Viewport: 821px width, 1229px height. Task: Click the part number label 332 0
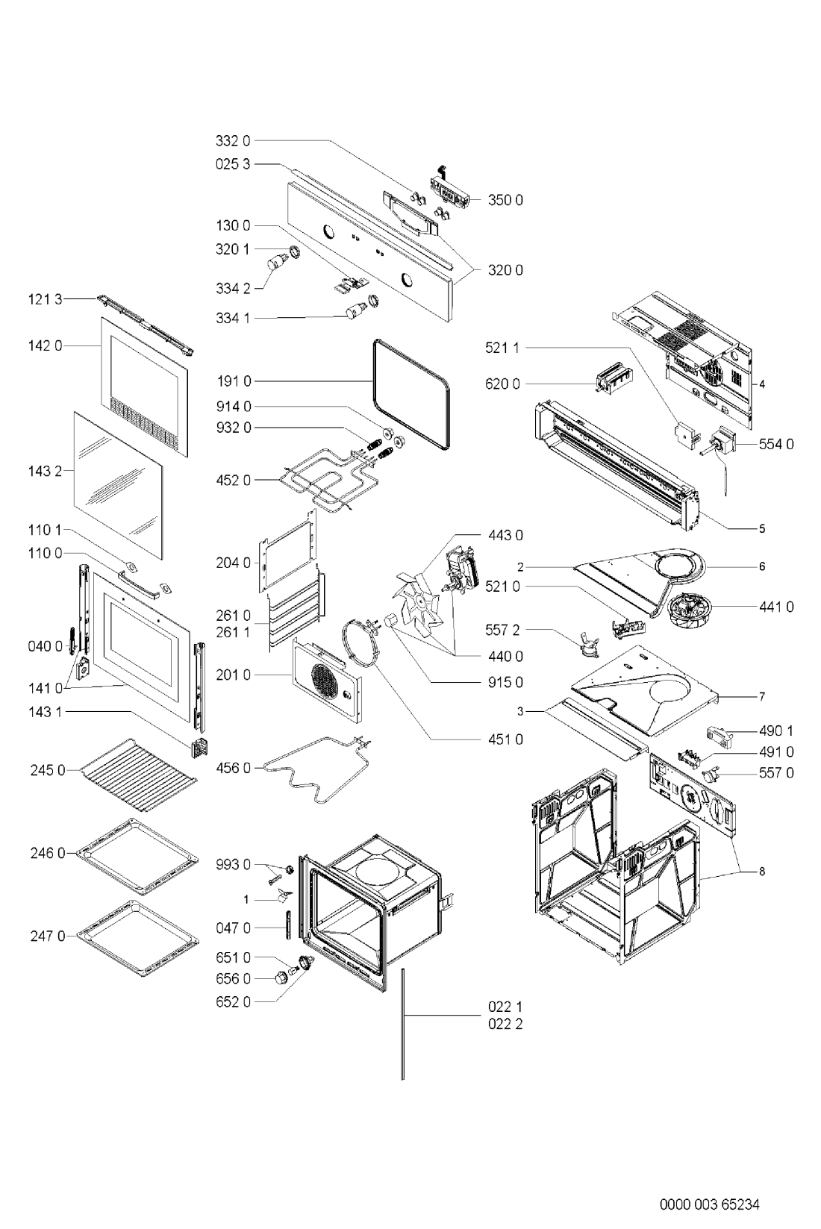click(x=233, y=141)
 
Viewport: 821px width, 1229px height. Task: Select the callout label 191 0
click(x=233, y=381)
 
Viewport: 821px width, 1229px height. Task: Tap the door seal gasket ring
click(x=411, y=393)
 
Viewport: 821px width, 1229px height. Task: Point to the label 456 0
click(x=233, y=768)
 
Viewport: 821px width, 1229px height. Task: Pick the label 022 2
click(x=505, y=1024)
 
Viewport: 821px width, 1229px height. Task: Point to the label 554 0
click(x=776, y=444)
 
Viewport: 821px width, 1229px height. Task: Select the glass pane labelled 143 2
click(x=118, y=486)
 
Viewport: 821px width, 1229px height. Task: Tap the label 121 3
click(x=46, y=299)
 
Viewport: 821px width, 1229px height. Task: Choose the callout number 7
click(x=762, y=696)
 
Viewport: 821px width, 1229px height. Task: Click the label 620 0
click(x=502, y=384)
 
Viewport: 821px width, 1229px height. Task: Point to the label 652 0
click(x=233, y=1002)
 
